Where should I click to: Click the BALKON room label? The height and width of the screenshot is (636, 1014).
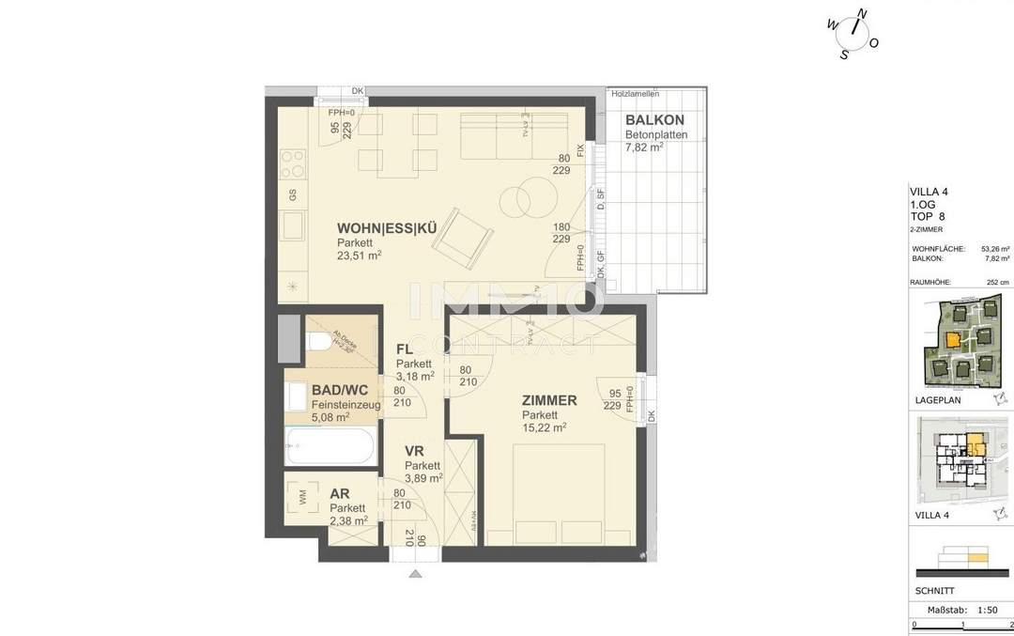654,119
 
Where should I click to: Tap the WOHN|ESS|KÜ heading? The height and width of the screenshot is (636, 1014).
387,227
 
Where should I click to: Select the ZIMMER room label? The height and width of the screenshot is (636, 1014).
549,400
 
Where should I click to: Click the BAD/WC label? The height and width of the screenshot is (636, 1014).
340,390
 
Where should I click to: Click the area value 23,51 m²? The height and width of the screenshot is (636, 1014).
359,256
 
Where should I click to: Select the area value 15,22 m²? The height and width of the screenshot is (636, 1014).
544,428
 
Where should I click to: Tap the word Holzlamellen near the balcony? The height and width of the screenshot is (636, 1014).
635,94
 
